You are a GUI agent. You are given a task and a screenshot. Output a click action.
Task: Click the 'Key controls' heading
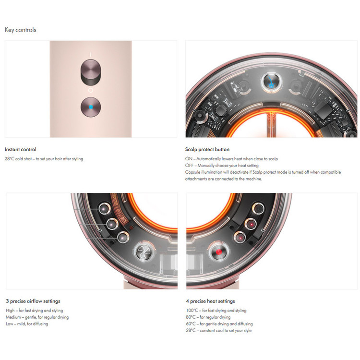click(x=21, y=30)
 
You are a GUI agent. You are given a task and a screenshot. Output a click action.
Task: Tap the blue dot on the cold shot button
click(x=91, y=107)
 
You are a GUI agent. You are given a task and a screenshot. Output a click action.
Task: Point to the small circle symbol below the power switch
click(x=91, y=90)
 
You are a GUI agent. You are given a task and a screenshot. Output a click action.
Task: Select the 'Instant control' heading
click(x=21, y=149)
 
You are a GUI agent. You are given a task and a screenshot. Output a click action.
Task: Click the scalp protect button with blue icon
click(x=272, y=82)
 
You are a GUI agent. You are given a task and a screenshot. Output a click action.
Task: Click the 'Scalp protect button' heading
click(x=207, y=149)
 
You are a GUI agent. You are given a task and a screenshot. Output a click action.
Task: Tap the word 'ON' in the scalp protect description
click(x=189, y=159)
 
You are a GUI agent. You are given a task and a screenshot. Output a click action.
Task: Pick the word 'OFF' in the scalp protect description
click(x=189, y=166)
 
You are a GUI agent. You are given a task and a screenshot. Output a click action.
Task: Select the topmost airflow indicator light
click(x=105, y=209)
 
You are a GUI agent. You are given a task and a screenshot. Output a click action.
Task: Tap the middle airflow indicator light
click(x=112, y=224)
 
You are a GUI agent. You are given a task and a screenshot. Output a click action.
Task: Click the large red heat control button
click(x=218, y=252)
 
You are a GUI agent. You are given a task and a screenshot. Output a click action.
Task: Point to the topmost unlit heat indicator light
click(x=258, y=209)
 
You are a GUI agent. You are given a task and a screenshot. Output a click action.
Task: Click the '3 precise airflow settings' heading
click(x=33, y=301)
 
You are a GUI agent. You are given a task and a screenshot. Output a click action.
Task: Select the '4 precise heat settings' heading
click(x=211, y=301)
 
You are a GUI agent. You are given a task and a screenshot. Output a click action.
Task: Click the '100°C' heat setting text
click(x=192, y=311)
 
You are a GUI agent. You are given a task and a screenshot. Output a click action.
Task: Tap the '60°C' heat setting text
click(x=191, y=324)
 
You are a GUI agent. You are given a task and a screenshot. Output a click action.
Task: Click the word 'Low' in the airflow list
click(x=10, y=324)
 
